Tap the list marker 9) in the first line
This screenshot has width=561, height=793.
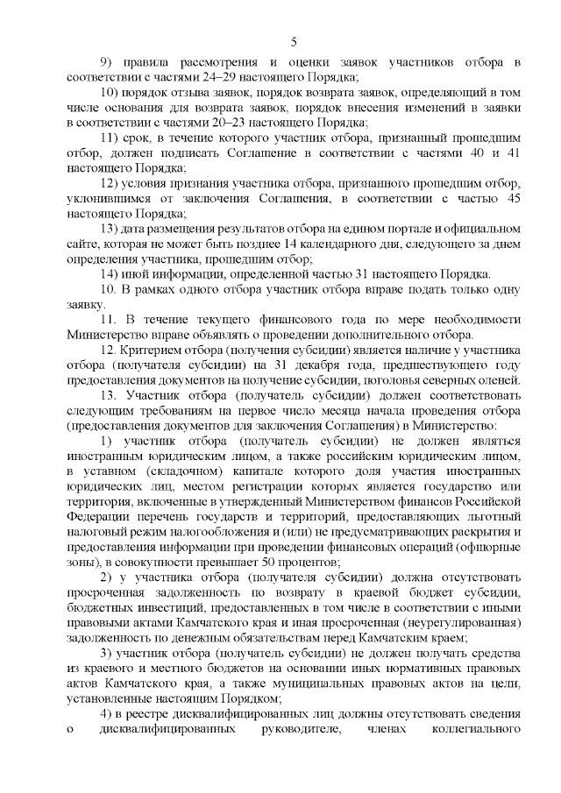[x=106, y=62]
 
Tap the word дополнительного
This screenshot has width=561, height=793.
[x=399, y=336]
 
